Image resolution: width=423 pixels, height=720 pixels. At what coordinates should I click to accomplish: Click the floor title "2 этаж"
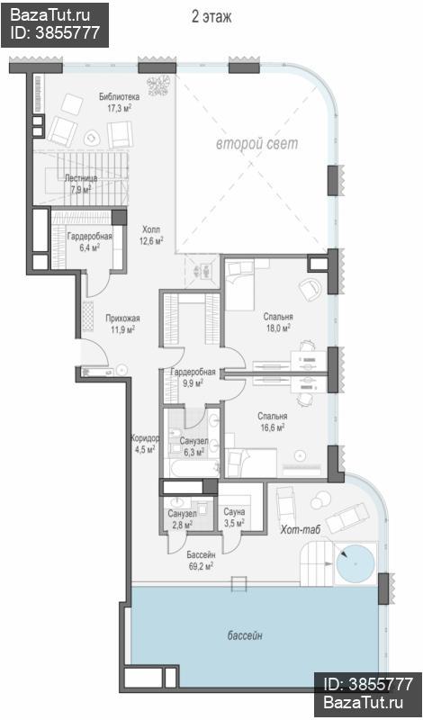pos(211,17)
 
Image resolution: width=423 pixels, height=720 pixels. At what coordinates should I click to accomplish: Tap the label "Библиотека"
pos(120,97)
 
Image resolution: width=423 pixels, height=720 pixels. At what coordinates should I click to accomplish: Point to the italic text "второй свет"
pos(257,144)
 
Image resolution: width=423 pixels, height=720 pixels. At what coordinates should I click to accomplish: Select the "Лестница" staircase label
pos(81,178)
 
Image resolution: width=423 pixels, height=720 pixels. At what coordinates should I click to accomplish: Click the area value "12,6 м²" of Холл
pos(152,239)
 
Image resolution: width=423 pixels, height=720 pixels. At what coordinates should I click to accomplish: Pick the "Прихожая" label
pos(122,319)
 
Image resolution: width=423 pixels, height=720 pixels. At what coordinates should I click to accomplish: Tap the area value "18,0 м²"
pos(278,328)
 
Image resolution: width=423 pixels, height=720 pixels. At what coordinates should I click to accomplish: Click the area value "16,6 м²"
pos(272,427)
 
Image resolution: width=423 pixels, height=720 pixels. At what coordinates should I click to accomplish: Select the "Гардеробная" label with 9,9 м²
pos(193,372)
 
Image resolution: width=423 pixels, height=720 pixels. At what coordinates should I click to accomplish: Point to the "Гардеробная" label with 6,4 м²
pos(90,237)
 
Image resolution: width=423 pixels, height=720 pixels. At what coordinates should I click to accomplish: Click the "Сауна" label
pos(234,511)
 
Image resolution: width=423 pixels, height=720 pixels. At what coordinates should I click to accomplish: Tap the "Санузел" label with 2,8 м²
pos(180,513)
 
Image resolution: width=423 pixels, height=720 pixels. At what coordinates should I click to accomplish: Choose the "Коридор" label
pos(145,437)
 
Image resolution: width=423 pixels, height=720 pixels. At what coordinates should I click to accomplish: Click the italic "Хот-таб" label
pos(300,530)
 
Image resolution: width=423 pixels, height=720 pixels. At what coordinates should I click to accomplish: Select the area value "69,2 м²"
pos(201,567)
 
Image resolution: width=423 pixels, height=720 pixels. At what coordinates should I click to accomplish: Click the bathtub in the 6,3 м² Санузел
pos(193,469)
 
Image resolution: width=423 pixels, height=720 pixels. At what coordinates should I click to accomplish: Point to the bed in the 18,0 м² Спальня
pos(239,284)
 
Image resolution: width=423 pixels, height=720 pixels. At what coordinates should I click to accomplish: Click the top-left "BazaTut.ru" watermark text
pos(49,15)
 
